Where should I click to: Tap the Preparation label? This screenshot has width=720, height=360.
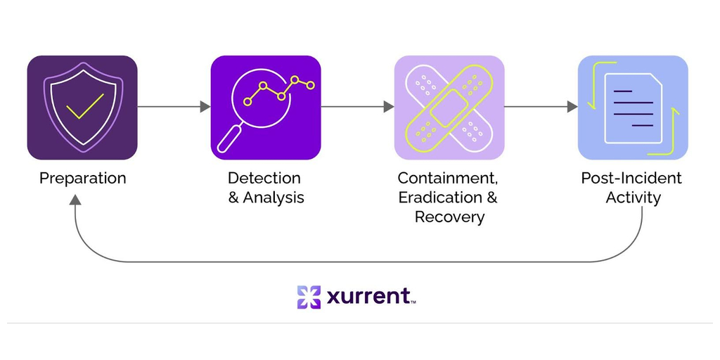point(83,178)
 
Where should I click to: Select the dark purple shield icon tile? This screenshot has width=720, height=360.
point(82,108)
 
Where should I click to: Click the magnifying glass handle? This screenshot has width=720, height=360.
point(229,140)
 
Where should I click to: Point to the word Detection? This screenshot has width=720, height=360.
point(264,178)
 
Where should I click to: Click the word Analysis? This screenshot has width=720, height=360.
point(274,198)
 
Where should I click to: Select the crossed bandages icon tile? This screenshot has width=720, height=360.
point(449,108)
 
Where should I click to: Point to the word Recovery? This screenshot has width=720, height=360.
point(449,217)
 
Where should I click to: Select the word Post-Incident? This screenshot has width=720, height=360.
point(631,178)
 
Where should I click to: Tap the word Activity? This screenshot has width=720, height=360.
point(633,198)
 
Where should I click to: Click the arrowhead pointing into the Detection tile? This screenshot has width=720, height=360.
point(205,107)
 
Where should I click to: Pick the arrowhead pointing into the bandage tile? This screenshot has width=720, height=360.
point(389,107)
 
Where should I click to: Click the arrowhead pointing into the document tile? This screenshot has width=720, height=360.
point(572,107)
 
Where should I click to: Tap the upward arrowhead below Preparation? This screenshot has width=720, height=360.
point(75,200)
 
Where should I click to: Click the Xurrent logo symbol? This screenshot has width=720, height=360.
point(309,297)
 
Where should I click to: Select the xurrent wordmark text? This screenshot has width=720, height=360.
point(370,297)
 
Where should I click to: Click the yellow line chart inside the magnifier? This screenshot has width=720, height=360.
point(278,91)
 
